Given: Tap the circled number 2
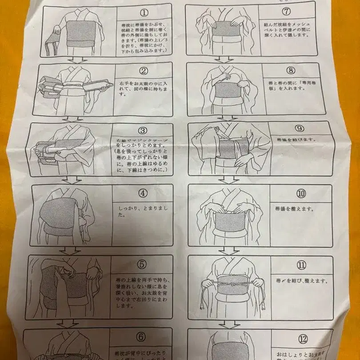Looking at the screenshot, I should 143,70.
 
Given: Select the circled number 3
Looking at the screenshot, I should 142,131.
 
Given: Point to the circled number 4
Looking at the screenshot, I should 142,194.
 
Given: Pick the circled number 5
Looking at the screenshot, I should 142,264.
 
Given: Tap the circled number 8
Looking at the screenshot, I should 290,70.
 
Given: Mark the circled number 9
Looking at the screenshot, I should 299,129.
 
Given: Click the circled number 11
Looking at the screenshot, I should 302,265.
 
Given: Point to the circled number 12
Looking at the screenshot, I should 303,340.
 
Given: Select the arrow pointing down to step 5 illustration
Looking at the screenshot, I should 69,251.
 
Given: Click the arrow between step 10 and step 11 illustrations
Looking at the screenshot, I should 228,251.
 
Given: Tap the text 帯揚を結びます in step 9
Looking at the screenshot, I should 295,140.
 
